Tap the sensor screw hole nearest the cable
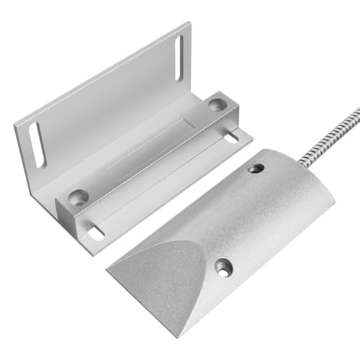point(255,168)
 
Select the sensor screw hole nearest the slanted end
point(222,267)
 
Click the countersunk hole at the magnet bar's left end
point(78,196)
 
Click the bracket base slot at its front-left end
point(95,232)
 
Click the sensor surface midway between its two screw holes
point(238,217)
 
